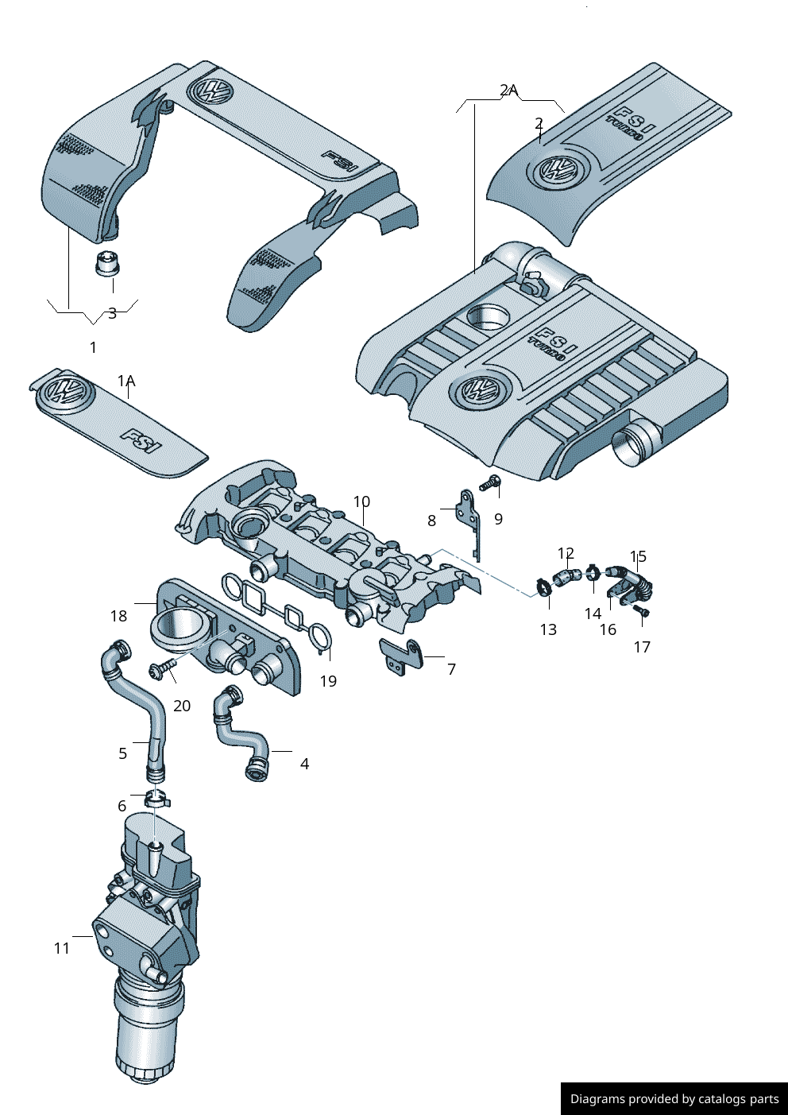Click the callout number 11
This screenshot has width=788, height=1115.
click(x=62, y=948)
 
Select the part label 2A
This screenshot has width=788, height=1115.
click(x=508, y=91)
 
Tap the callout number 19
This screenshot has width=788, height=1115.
click(x=328, y=681)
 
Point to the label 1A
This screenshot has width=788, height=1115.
click(x=126, y=381)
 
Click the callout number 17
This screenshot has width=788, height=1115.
click(x=642, y=647)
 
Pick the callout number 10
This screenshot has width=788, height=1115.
click(x=361, y=501)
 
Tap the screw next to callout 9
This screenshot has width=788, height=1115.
click(x=490, y=482)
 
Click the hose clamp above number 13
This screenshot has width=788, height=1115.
click(x=544, y=588)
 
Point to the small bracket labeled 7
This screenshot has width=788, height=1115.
click(x=400, y=656)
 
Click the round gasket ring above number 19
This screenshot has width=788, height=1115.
click(x=319, y=637)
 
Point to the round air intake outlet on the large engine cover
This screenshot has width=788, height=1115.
click(x=635, y=442)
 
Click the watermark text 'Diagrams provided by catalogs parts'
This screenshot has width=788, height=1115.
click(x=674, y=1099)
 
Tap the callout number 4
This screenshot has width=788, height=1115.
click(x=304, y=764)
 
